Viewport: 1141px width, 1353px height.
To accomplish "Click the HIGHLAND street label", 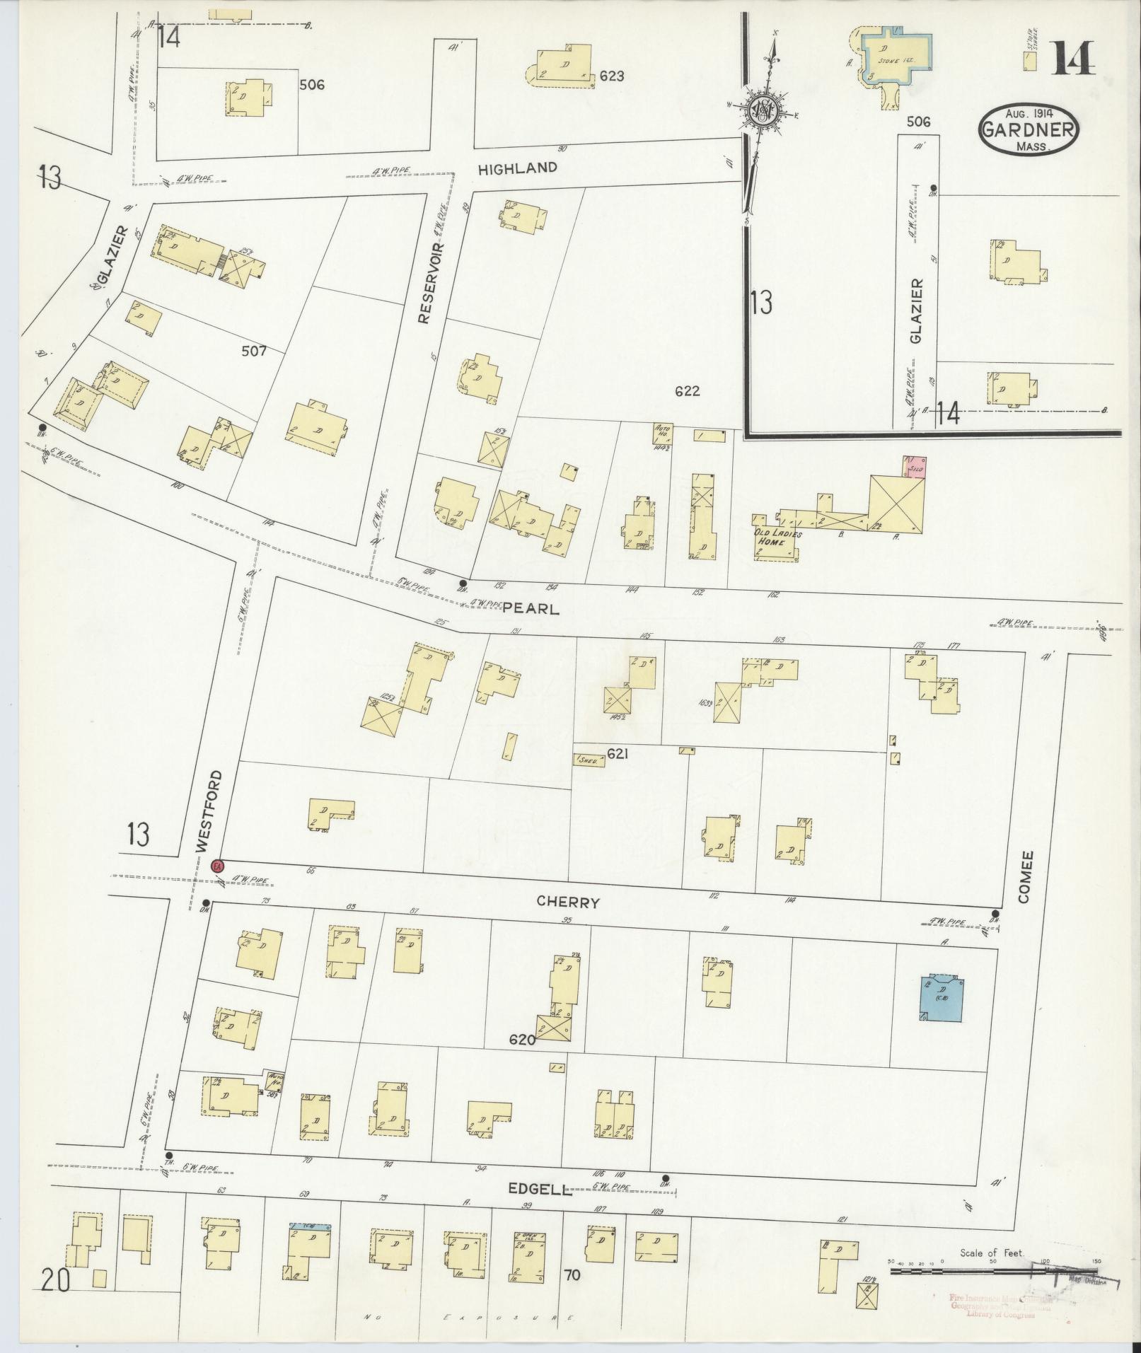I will [517, 168].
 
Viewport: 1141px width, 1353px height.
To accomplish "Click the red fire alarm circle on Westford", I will [218, 865].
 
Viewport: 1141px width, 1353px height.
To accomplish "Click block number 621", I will [618, 754].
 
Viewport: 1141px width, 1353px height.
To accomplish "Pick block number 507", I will [253, 350].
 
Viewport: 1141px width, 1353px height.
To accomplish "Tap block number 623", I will [611, 76].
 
